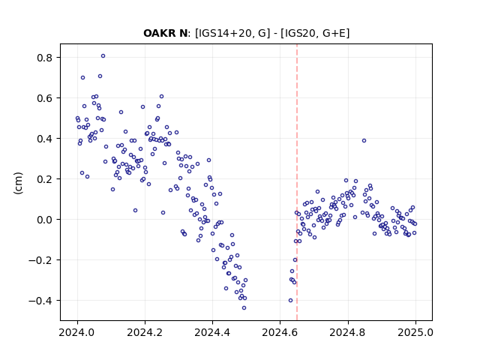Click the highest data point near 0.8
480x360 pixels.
[x=103, y=56]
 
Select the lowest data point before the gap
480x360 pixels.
[x=244, y=308]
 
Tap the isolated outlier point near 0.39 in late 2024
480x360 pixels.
[x=364, y=141]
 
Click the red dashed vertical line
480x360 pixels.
[x=297, y=182]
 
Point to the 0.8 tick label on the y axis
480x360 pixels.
[x=45, y=58]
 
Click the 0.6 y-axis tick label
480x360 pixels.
[x=45, y=98]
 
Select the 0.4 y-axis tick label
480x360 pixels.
[x=45, y=139]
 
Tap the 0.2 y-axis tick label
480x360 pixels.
[x=45, y=179]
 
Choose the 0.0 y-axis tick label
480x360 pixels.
[x=45, y=220]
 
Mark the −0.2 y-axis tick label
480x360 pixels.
[x=41, y=260]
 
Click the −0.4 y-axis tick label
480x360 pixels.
[x=41, y=301]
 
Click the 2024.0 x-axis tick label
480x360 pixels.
[x=77, y=332]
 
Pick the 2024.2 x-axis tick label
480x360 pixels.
[x=145, y=332]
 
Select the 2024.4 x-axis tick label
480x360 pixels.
[x=212, y=332]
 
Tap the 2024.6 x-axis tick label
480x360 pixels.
[x=280, y=332]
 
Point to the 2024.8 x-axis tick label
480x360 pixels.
[x=348, y=332]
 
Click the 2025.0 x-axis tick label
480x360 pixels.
[x=415, y=332]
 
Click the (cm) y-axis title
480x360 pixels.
[x=18, y=183]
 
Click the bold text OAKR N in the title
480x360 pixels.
[x=165, y=33]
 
